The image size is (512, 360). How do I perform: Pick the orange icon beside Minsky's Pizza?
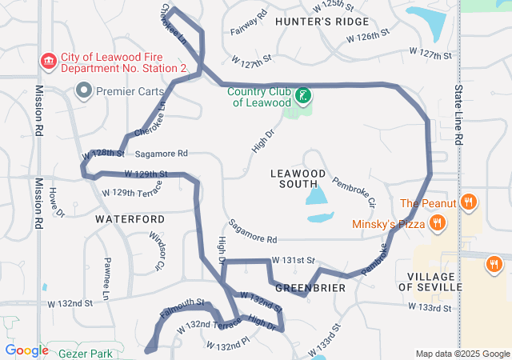[x=437, y=223]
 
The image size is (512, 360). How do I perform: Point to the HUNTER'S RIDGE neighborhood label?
[x=322, y=22]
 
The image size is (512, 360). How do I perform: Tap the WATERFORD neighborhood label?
[x=130, y=218]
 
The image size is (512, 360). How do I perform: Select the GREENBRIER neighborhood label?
[x=310, y=286]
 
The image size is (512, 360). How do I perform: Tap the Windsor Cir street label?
[x=157, y=248]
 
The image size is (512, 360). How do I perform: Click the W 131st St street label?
[x=294, y=261]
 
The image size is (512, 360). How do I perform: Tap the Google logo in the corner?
[x=26, y=350]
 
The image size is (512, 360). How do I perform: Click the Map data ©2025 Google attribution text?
[x=462, y=354]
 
